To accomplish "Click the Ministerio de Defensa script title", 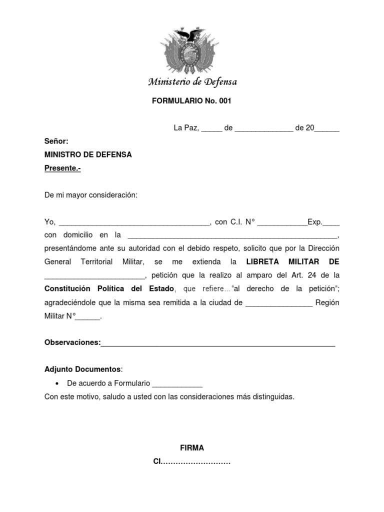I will (x=192, y=82).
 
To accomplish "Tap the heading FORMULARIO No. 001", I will (x=191, y=100).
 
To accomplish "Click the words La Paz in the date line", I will (x=186, y=128).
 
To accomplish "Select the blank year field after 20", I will (x=327, y=129).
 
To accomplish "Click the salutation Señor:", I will (x=56, y=141).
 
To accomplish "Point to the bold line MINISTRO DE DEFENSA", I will (x=88, y=155).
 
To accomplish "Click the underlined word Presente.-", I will (x=62, y=168).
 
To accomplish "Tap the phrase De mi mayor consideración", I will (x=90, y=195).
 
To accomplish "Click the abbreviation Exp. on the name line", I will (x=315, y=222).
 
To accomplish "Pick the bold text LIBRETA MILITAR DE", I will (x=292, y=261).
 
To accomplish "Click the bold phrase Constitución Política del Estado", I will (x=109, y=288).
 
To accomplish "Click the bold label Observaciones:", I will (x=72, y=342).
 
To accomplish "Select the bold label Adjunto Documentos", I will (x=82, y=369).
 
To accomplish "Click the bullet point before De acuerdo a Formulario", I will (x=56, y=383).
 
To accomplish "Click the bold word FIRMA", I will (x=192, y=448).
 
